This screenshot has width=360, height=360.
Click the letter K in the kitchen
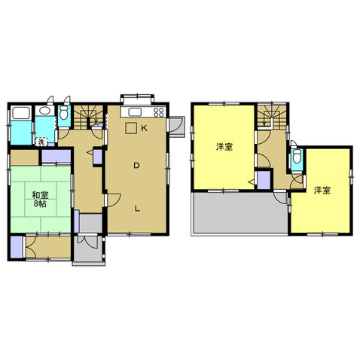point(144,128)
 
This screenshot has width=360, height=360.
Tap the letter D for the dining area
point(136,166)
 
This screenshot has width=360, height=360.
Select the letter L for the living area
point(137,209)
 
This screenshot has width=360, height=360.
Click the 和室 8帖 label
point(40,199)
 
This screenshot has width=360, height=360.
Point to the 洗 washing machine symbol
point(41,142)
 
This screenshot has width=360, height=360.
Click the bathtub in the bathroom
point(21,113)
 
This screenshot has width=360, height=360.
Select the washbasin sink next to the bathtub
point(44,111)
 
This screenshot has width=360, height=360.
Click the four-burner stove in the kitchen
point(159,112)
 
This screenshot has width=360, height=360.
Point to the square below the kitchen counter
point(131,128)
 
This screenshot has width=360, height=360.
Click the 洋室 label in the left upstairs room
point(224,147)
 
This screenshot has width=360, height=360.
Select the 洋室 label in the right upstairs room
point(322,191)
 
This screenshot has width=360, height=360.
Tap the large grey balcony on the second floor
point(240,213)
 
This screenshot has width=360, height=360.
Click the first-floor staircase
point(88,117)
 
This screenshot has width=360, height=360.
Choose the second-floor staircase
point(272,117)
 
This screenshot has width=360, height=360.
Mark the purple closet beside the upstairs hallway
point(264,180)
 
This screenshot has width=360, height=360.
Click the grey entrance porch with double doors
point(88,249)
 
